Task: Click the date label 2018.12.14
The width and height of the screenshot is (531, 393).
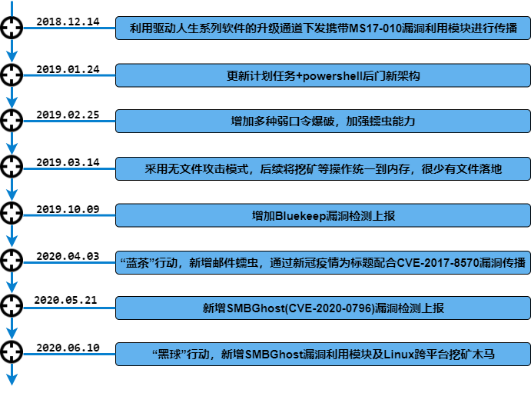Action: coord(68,22)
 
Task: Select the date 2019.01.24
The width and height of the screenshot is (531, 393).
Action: coord(68,69)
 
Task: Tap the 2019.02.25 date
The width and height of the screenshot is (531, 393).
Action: coord(68,115)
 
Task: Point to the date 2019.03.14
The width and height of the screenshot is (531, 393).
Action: coord(68,162)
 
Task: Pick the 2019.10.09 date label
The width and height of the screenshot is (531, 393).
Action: coord(68,209)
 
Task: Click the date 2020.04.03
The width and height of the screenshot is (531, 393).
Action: coord(68,256)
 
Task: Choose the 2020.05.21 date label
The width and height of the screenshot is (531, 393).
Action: coord(65,300)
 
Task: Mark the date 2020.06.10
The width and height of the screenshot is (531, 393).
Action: coord(68,348)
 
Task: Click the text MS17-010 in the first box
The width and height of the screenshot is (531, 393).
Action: coord(375,28)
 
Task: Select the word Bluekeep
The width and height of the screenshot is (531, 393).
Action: coord(300,216)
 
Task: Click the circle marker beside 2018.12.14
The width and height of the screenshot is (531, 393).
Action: coord(12,28)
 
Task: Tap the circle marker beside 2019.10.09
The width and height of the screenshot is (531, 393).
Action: coord(12,213)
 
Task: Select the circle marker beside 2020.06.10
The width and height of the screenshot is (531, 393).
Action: coord(12,352)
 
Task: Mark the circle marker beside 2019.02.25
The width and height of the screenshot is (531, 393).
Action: coord(12,120)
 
